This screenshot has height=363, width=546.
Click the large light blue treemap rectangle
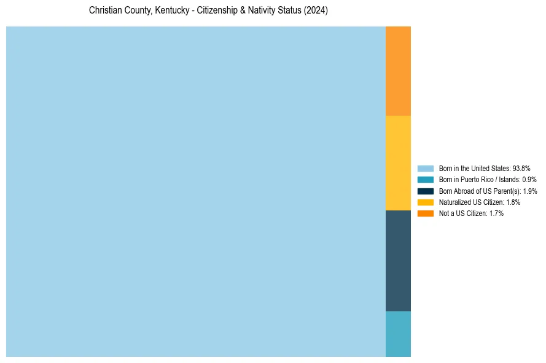pyautogui.click(x=195, y=191)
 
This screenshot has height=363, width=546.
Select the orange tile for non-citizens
pyautogui.click(x=398, y=71)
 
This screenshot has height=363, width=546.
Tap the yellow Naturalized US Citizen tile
pyautogui.click(x=398, y=163)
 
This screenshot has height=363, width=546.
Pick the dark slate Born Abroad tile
pyautogui.click(x=398, y=261)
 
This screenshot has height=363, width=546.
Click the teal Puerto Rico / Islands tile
pyautogui.click(x=398, y=334)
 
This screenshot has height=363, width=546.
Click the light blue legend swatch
pyautogui.click(x=425, y=168)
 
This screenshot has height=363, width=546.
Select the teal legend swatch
pyautogui.click(x=425, y=180)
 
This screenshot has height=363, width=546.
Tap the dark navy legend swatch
pyautogui.click(x=425, y=191)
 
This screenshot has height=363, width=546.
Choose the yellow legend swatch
pyautogui.click(x=425, y=202)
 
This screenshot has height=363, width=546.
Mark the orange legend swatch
pyautogui.click(x=425, y=213)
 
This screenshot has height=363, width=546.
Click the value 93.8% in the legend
pyautogui.click(x=521, y=168)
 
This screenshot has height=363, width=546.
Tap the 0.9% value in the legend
pyautogui.click(x=529, y=180)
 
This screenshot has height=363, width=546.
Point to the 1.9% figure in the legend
pyautogui.click(x=529, y=191)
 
